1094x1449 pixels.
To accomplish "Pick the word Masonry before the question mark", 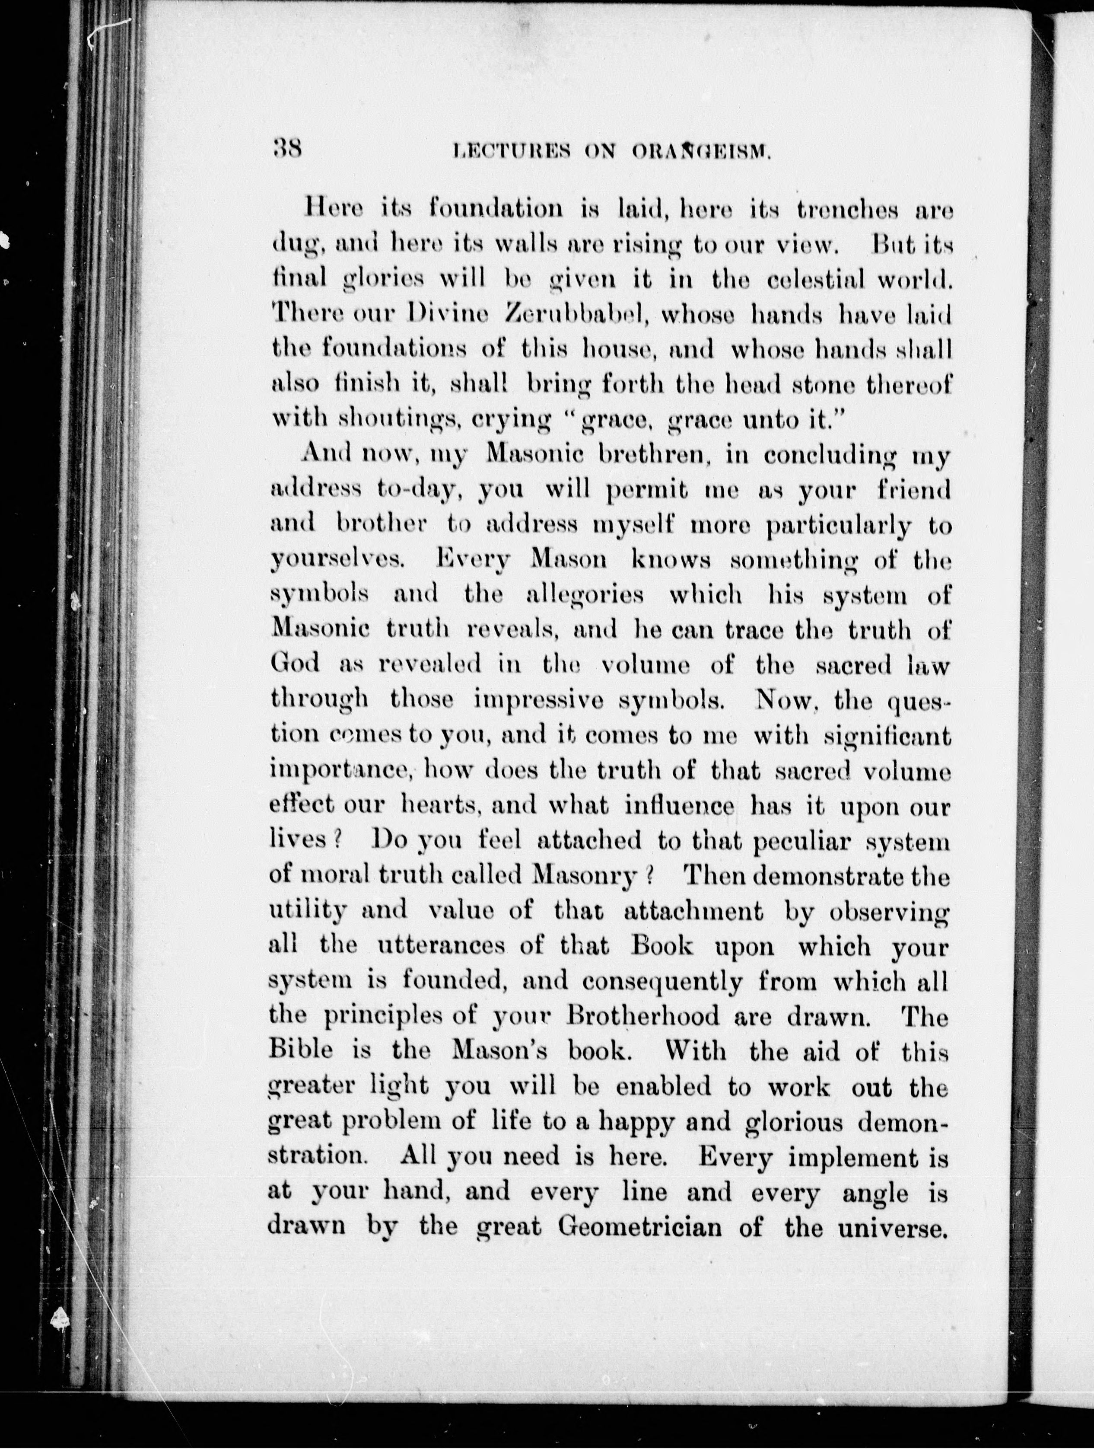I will [584, 876].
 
